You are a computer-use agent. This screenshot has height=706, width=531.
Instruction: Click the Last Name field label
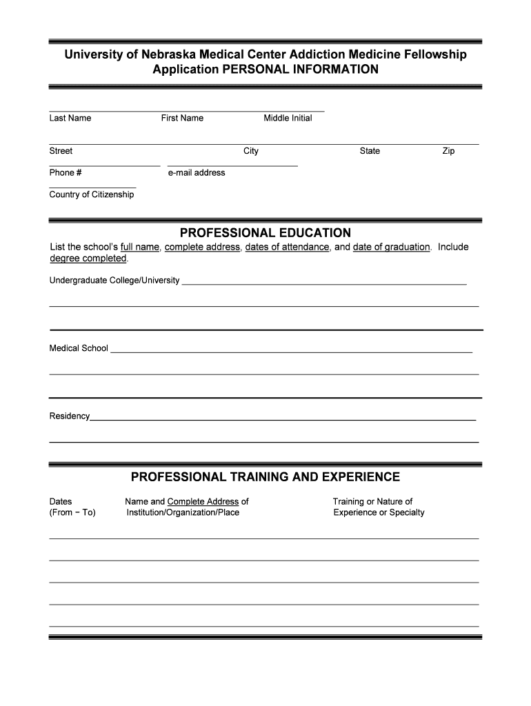pos(70,118)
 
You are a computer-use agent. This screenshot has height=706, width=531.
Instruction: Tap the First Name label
pos(182,118)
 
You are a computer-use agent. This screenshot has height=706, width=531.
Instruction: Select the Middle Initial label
pos(288,118)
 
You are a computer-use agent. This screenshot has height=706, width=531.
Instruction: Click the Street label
pos(61,151)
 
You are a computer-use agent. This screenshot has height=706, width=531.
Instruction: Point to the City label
pos(251,151)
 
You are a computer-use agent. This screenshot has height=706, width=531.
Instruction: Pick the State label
pos(370,151)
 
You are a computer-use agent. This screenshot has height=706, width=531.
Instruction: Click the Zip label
pos(448,151)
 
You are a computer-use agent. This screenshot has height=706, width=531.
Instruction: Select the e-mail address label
pos(197,172)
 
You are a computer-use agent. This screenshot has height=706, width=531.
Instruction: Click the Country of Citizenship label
pos(92,194)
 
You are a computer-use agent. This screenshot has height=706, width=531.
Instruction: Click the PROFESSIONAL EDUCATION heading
pos(265,233)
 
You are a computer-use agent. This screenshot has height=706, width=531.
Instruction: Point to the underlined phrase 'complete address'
pos(203,247)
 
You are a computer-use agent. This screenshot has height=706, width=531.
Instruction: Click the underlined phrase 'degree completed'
pos(88,259)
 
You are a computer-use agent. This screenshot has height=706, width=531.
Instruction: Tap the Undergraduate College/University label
pos(114,281)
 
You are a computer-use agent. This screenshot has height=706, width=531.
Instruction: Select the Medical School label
pos(79,348)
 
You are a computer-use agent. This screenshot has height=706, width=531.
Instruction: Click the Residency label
pos(70,416)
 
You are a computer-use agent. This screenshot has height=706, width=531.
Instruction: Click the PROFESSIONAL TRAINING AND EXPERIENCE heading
pos(265,477)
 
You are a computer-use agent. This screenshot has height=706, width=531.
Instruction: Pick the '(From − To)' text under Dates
pos(72,512)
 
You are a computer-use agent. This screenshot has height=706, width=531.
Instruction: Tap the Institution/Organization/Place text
pos(183,512)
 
